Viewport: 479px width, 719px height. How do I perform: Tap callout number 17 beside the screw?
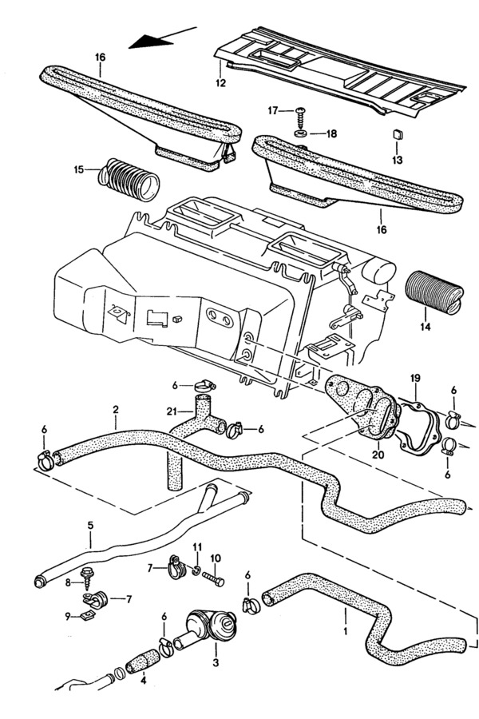point(273,110)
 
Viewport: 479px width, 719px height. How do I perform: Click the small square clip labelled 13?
point(397,135)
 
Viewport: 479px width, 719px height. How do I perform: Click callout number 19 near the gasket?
point(414,376)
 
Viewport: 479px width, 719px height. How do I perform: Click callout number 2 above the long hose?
point(116,410)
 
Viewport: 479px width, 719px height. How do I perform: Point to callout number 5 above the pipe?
point(90,525)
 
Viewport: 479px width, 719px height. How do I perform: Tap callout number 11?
point(196,546)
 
